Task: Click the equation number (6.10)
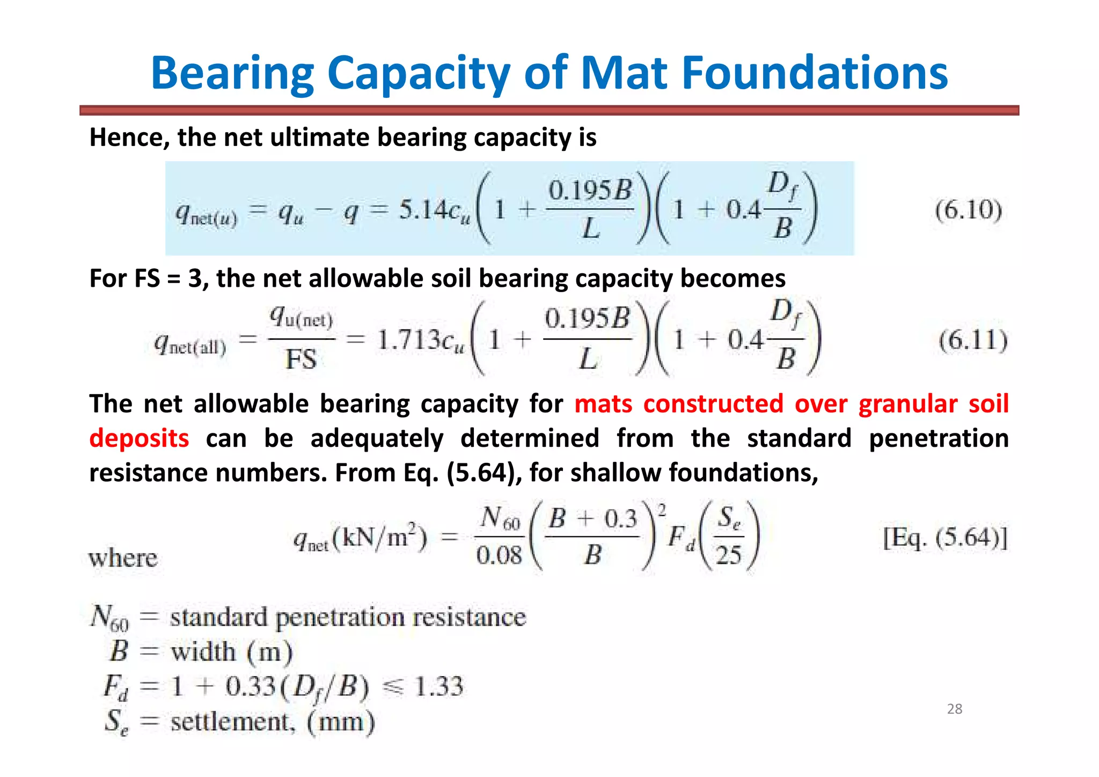point(968,209)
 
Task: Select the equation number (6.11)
point(973,340)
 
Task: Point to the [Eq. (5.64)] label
point(945,537)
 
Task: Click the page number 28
point(955,709)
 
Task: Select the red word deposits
point(139,438)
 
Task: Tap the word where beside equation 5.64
point(123,558)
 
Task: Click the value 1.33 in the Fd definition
point(439,686)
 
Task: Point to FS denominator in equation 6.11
point(301,359)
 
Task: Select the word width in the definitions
point(203,652)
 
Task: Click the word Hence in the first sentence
point(129,137)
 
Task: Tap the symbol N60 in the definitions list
point(109,617)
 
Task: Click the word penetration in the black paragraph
point(939,438)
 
